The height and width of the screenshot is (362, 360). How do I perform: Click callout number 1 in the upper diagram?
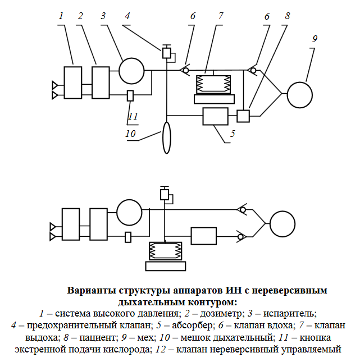(x=61, y=16)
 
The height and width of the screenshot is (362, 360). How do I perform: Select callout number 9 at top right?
(x=315, y=39)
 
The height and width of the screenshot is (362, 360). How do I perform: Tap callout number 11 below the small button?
(x=133, y=117)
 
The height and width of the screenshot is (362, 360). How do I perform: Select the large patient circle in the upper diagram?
(x=299, y=94)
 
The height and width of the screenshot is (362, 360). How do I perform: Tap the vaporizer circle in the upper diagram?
(x=131, y=72)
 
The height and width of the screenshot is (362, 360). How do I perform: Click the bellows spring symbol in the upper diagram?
(x=213, y=85)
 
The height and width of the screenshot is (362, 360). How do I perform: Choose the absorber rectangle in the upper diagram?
(x=215, y=117)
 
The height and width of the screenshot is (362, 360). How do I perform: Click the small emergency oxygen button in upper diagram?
(x=130, y=95)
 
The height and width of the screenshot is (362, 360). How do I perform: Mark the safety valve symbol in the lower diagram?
(x=165, y=194)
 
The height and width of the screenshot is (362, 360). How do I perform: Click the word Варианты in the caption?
(x=92, y=291)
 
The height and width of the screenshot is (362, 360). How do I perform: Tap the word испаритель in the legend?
(x=291, y=313)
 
